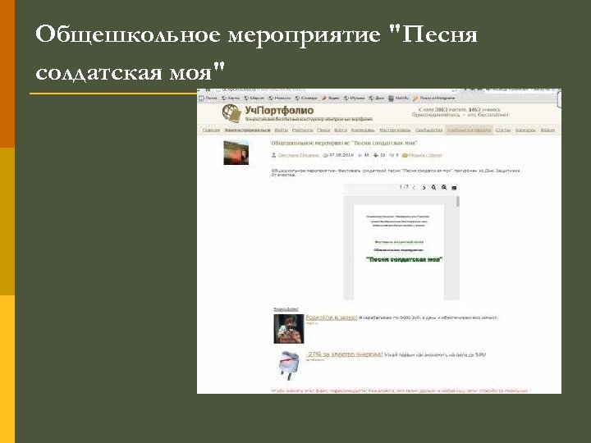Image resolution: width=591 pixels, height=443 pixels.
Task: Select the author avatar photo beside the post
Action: tap(236, 153)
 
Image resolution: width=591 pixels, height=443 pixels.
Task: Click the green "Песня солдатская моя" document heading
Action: tap(404, 258)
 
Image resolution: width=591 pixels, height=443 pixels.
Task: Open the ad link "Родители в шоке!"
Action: tap(331, 317)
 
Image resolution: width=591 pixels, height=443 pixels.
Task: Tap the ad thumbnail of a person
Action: tap(288, 327)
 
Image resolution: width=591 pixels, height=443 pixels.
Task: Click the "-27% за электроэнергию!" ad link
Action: tap(344, 354)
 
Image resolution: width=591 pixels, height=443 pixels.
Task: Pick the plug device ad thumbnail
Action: tap(288, 364)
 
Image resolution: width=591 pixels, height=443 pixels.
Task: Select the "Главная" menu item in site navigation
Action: tap(211, 130)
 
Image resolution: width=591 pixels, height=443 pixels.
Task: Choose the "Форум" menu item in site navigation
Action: tap(547, 130)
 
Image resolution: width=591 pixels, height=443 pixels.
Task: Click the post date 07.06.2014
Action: tap(343, 154)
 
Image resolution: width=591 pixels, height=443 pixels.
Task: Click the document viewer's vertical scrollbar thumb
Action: tap(457, 201)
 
